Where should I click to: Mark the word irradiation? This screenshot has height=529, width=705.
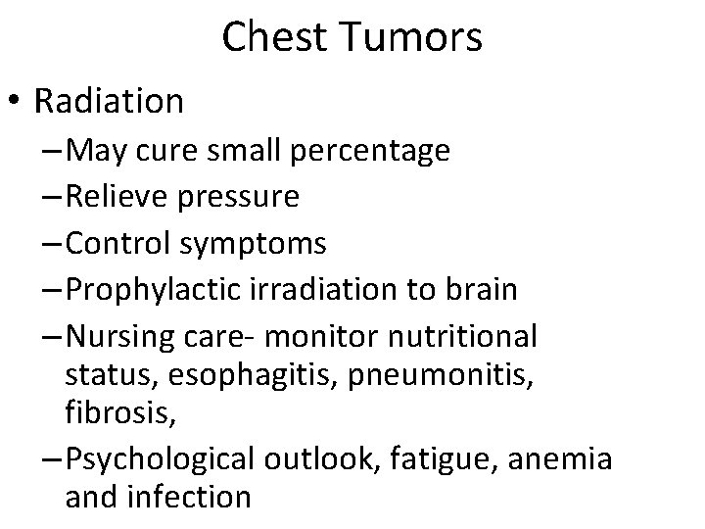322,290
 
